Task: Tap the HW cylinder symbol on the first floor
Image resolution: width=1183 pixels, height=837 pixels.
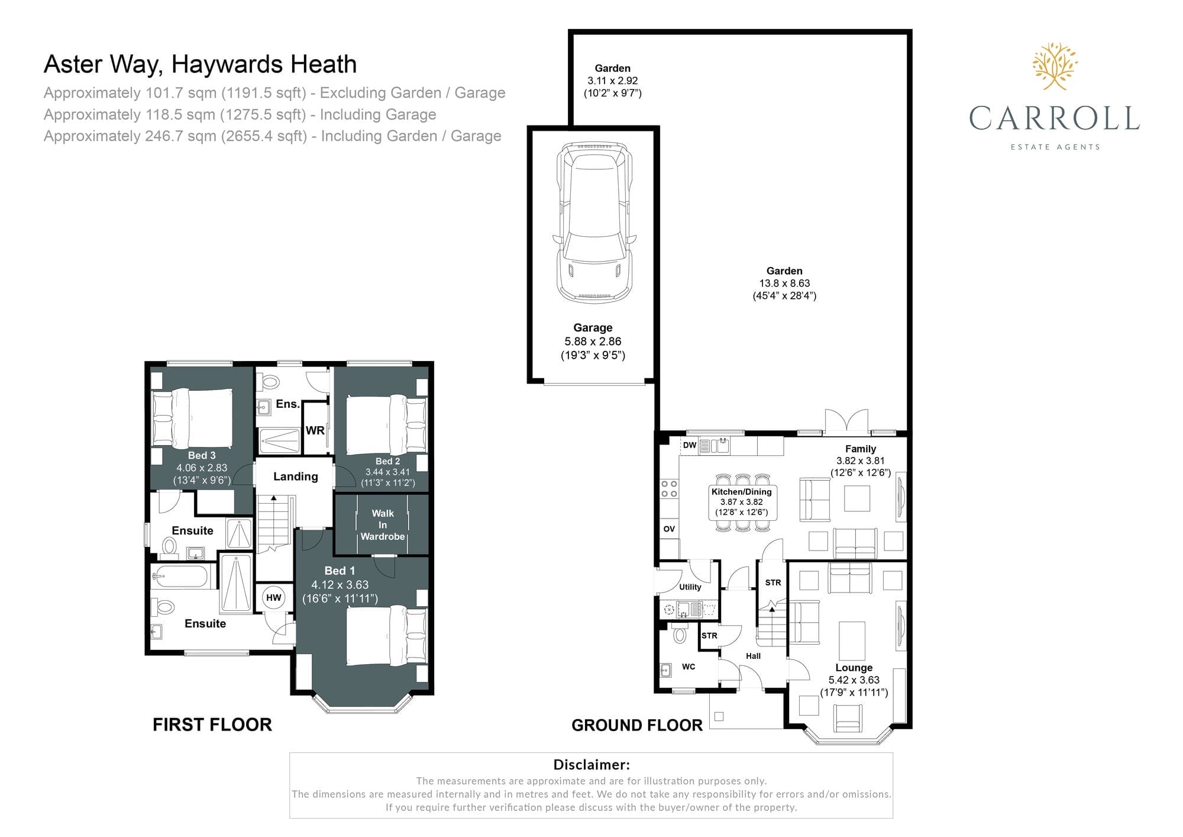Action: (273, 598)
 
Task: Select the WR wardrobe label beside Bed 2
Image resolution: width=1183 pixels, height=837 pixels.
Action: (315, 430)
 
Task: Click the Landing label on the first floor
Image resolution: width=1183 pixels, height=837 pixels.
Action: (295, 477)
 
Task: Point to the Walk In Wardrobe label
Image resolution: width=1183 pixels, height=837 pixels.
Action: (383, 525)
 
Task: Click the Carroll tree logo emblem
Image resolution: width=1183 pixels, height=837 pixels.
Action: (1055, 66)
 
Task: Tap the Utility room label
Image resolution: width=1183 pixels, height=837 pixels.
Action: (690, 587)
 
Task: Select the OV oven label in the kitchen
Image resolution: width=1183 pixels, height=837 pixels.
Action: (669, 529)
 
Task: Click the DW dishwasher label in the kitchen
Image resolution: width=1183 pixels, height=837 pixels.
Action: (690, 445)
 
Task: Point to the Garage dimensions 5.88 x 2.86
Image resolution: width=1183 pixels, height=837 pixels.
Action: (593, 342)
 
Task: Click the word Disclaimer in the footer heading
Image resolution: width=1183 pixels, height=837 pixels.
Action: (591, 765)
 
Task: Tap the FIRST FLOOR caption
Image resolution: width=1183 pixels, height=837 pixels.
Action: (212, 725)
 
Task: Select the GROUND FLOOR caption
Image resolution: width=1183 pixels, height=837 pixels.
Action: (637, 725)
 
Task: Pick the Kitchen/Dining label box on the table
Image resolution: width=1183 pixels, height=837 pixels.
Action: (742, 502)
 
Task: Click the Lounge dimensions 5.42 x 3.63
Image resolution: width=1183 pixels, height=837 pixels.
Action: (854, 680)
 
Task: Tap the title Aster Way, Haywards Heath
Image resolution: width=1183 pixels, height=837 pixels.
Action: (201, 65)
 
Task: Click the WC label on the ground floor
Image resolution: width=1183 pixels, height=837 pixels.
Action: (689, 667)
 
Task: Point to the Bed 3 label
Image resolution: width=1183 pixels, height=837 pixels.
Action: (202, 455)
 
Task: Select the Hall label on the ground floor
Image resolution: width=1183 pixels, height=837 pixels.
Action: (753, 656)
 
